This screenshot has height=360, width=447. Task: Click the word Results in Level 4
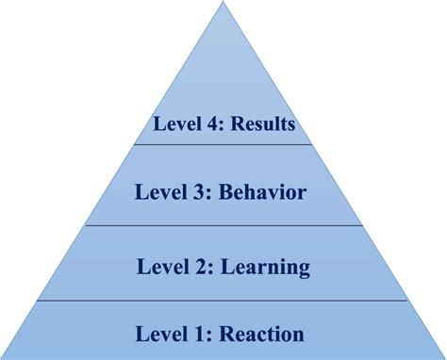tap(260, 123)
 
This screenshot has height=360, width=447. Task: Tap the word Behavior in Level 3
tap(263, 193)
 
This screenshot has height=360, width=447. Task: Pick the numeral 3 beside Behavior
tap(201, 193)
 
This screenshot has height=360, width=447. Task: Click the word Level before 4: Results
tap(175, 123)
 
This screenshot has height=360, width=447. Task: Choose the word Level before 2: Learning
tap(164, 268)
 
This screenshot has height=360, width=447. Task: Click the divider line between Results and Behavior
tap(223, 144)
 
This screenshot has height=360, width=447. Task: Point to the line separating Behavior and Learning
tap(223, 225)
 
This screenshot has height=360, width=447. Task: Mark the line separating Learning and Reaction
tap(223, 301)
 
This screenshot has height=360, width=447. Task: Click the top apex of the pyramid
tap(223, 4)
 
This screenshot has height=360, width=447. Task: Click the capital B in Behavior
tap(225, 193)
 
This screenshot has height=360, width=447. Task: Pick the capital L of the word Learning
tap(227, 268)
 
